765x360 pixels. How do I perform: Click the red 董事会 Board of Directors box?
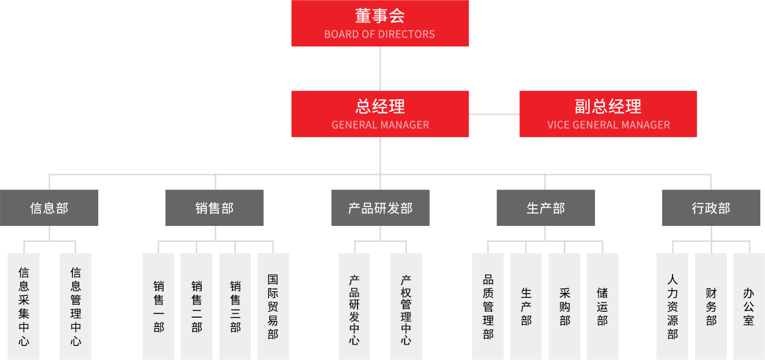[x=380, y=22]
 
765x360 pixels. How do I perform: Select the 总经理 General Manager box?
[x=380, y=114]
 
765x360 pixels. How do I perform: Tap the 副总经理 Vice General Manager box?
[x=608, y=114]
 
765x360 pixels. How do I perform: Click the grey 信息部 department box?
[x=49, y=208]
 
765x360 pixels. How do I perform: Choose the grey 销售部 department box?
[x=215, y=208]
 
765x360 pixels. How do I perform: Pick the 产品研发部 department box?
[x=380, y=208]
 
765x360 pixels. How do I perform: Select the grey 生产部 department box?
[x=546, y=208]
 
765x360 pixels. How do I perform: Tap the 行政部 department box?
[x=711, y=208]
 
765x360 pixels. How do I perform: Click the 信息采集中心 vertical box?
[x=24, y=306]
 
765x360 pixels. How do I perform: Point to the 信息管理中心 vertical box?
[x=75, y=306]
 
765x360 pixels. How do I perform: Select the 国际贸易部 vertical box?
[x=273, y=306]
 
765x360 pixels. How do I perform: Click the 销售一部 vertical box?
[x=158, y=306]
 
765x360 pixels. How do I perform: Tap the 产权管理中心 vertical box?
[x=406, y=306]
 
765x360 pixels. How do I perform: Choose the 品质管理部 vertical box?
[x=487, y=306]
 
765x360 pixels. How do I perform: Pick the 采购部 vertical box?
[x=564, y=306]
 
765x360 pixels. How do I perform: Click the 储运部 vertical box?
[x=602, y=306]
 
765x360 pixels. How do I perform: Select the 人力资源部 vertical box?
[x=672, y=306]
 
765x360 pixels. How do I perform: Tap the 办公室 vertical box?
[x=748, y=306]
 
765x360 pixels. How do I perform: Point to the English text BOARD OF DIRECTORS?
[x=380, y=34]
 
